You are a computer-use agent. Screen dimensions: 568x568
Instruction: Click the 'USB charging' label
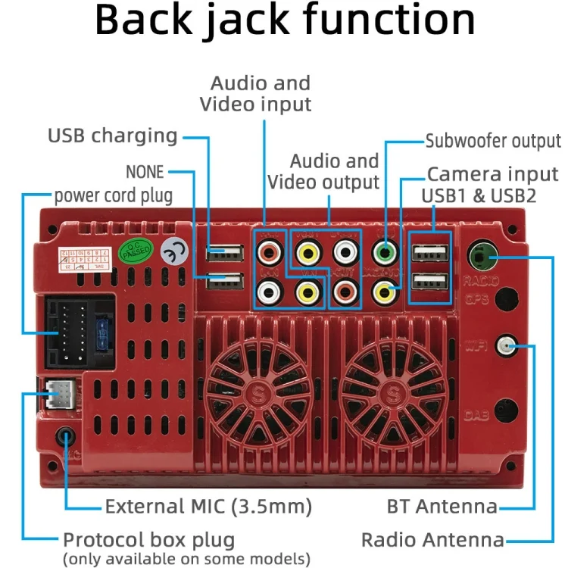coord(112,136)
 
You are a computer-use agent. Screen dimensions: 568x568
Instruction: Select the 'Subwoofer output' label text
coord(493,142)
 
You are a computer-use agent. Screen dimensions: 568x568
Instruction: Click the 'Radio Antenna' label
coord(432,540)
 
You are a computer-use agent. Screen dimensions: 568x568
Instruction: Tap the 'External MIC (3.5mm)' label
coord(208,506)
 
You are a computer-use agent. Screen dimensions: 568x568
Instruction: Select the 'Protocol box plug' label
coord(148,541)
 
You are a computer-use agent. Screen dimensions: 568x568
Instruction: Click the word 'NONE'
coord(145,173)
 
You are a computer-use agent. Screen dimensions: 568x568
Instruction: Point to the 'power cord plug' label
coord(113,195)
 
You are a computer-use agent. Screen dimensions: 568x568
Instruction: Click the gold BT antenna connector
coord(505,347)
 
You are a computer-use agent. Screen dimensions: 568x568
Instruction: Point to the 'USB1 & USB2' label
coord(479,196)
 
